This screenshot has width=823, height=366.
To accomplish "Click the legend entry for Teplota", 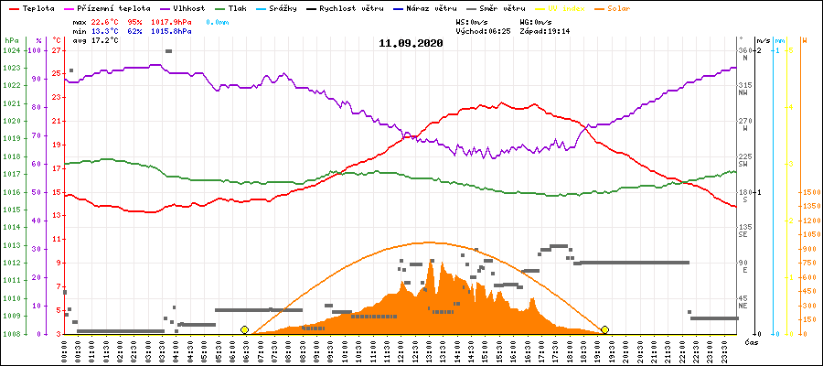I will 33,7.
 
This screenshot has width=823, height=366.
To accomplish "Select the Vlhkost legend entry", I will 186,7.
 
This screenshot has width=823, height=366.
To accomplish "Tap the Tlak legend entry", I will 239,7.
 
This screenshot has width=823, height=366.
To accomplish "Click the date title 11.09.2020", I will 411,43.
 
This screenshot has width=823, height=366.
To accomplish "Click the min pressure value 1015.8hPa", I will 173,31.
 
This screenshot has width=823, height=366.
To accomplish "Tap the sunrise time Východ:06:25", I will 488,31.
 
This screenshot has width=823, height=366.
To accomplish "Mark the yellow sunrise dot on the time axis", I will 244,329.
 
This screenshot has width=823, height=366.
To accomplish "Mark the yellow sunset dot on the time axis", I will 604,329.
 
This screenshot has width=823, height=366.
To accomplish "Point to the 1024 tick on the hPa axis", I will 11,50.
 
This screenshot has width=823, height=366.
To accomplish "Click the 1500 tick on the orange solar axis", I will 809,192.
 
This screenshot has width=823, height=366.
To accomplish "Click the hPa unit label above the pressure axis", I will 11,40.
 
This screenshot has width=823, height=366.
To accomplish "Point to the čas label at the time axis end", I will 749,341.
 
